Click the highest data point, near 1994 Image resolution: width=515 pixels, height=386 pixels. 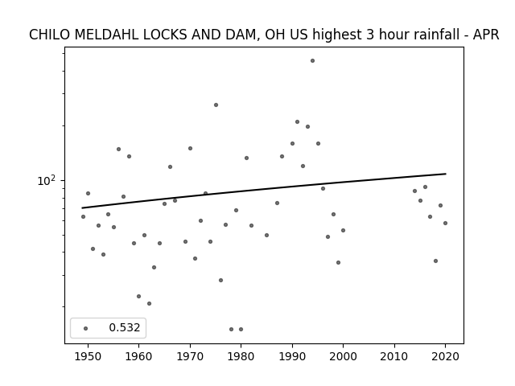312,61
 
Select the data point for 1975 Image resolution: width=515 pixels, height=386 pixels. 216,105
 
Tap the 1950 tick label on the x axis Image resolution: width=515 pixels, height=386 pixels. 88,356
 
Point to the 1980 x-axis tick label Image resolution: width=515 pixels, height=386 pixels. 241,356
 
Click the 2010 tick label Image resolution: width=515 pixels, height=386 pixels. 394,356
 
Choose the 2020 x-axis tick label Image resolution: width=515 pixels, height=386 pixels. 445,356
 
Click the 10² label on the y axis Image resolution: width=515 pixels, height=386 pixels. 45,180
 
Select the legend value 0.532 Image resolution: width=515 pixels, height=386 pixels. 125,327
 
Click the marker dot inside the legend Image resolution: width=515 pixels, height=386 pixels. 86,328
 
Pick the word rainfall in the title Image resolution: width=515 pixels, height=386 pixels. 418,35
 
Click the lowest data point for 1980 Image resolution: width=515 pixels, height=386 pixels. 241,329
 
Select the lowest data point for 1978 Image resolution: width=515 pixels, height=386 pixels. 231,329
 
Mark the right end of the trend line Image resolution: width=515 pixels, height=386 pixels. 446,174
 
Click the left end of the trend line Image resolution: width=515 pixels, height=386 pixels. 82,207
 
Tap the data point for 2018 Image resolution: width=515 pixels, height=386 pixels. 435,261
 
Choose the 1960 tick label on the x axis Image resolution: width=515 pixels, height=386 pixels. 138,356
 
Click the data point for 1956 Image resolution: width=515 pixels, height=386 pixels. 118,149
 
